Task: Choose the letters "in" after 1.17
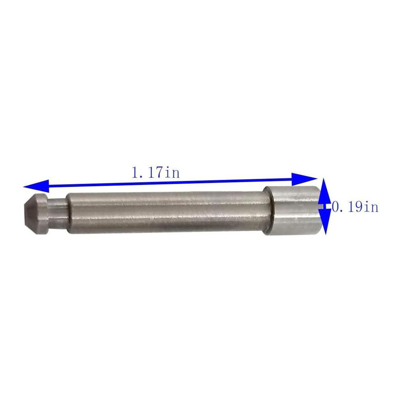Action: [x=172, y=173]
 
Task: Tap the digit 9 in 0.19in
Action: [x=358, y=207]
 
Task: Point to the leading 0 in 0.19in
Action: [x=335, y=207]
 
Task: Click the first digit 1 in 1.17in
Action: [x=135, y=173]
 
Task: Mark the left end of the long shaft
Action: [x=69, y=213]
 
